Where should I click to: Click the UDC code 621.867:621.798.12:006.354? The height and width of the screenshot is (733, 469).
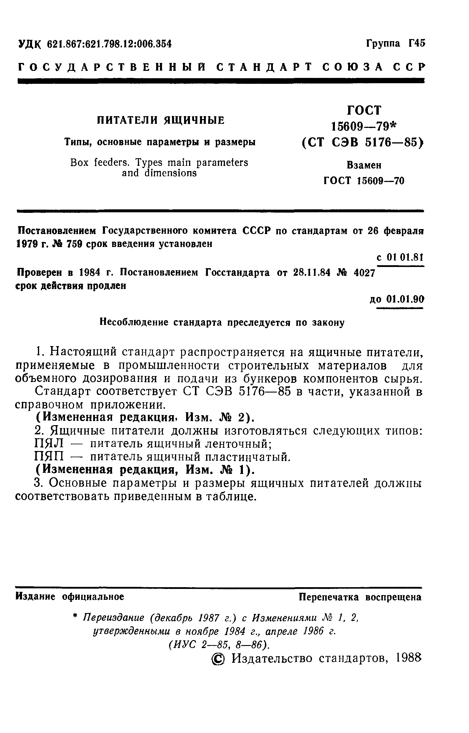[x=109, y=44]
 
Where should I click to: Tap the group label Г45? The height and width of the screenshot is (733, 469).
[x=416, y=44]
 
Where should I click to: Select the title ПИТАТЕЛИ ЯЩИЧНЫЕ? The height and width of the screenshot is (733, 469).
[x=161, y=120]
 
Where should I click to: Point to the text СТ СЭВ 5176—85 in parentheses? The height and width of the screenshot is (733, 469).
[x=362, y=142]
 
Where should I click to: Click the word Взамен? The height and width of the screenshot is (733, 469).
[x=364, y=165]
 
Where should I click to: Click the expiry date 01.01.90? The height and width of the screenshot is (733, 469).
[x=405, y=299]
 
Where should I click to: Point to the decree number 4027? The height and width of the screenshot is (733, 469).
[x=364, y=272]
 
